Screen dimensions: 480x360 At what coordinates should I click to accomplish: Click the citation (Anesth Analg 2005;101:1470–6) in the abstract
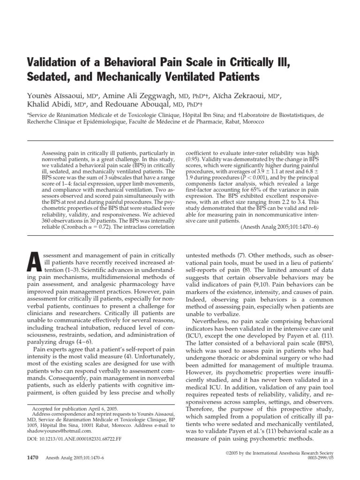[280, 226]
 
